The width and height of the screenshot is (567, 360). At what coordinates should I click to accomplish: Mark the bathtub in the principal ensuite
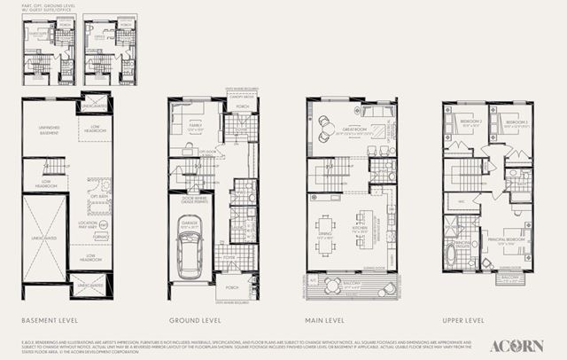[x=451, y=256]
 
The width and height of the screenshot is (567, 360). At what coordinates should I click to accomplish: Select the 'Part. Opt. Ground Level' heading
[x=46, y=10]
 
